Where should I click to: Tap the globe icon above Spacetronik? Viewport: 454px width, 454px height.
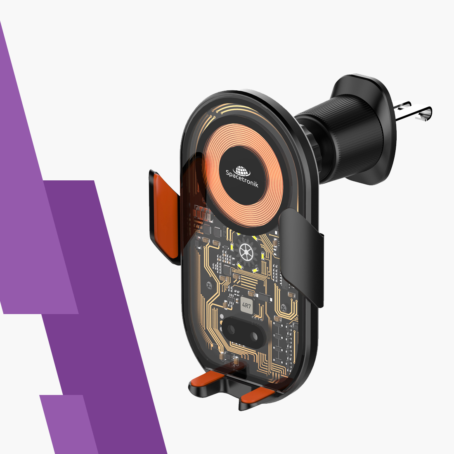pos(241,171)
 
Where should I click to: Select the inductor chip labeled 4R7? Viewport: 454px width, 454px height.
pos(246,305)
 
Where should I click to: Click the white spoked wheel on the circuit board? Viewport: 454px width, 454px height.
pos(246,252)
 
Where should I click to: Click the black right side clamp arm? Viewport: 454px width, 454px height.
pos(301,257)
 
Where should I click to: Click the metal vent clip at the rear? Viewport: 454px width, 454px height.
pos(413,111)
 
